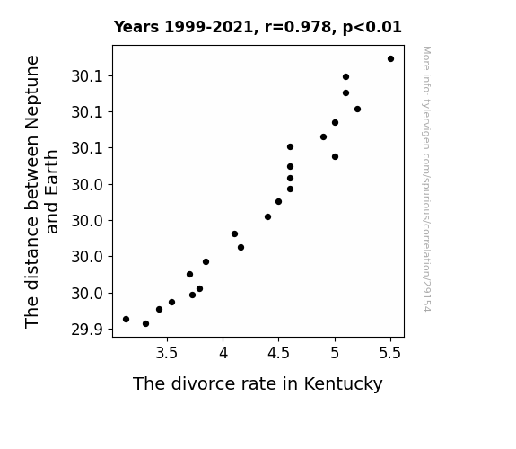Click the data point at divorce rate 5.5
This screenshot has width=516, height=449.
390,59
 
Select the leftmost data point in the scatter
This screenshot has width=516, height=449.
126,319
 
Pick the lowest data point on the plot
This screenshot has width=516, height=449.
145,324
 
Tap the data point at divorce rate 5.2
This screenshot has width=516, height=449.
357,109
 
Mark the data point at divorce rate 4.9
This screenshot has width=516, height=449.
323,137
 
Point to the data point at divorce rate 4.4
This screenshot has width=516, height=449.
268,216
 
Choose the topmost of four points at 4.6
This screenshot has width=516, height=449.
290,147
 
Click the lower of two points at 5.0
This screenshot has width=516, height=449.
335,157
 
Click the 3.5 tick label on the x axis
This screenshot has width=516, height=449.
167,354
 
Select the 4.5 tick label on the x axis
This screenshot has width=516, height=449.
278,354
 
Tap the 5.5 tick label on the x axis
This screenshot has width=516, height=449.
390,354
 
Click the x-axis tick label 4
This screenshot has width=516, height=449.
223,354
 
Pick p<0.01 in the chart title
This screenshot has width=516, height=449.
372,28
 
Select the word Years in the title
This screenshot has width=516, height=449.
136,27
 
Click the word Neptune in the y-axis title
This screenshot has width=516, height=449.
33,92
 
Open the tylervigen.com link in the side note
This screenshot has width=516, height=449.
426,179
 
